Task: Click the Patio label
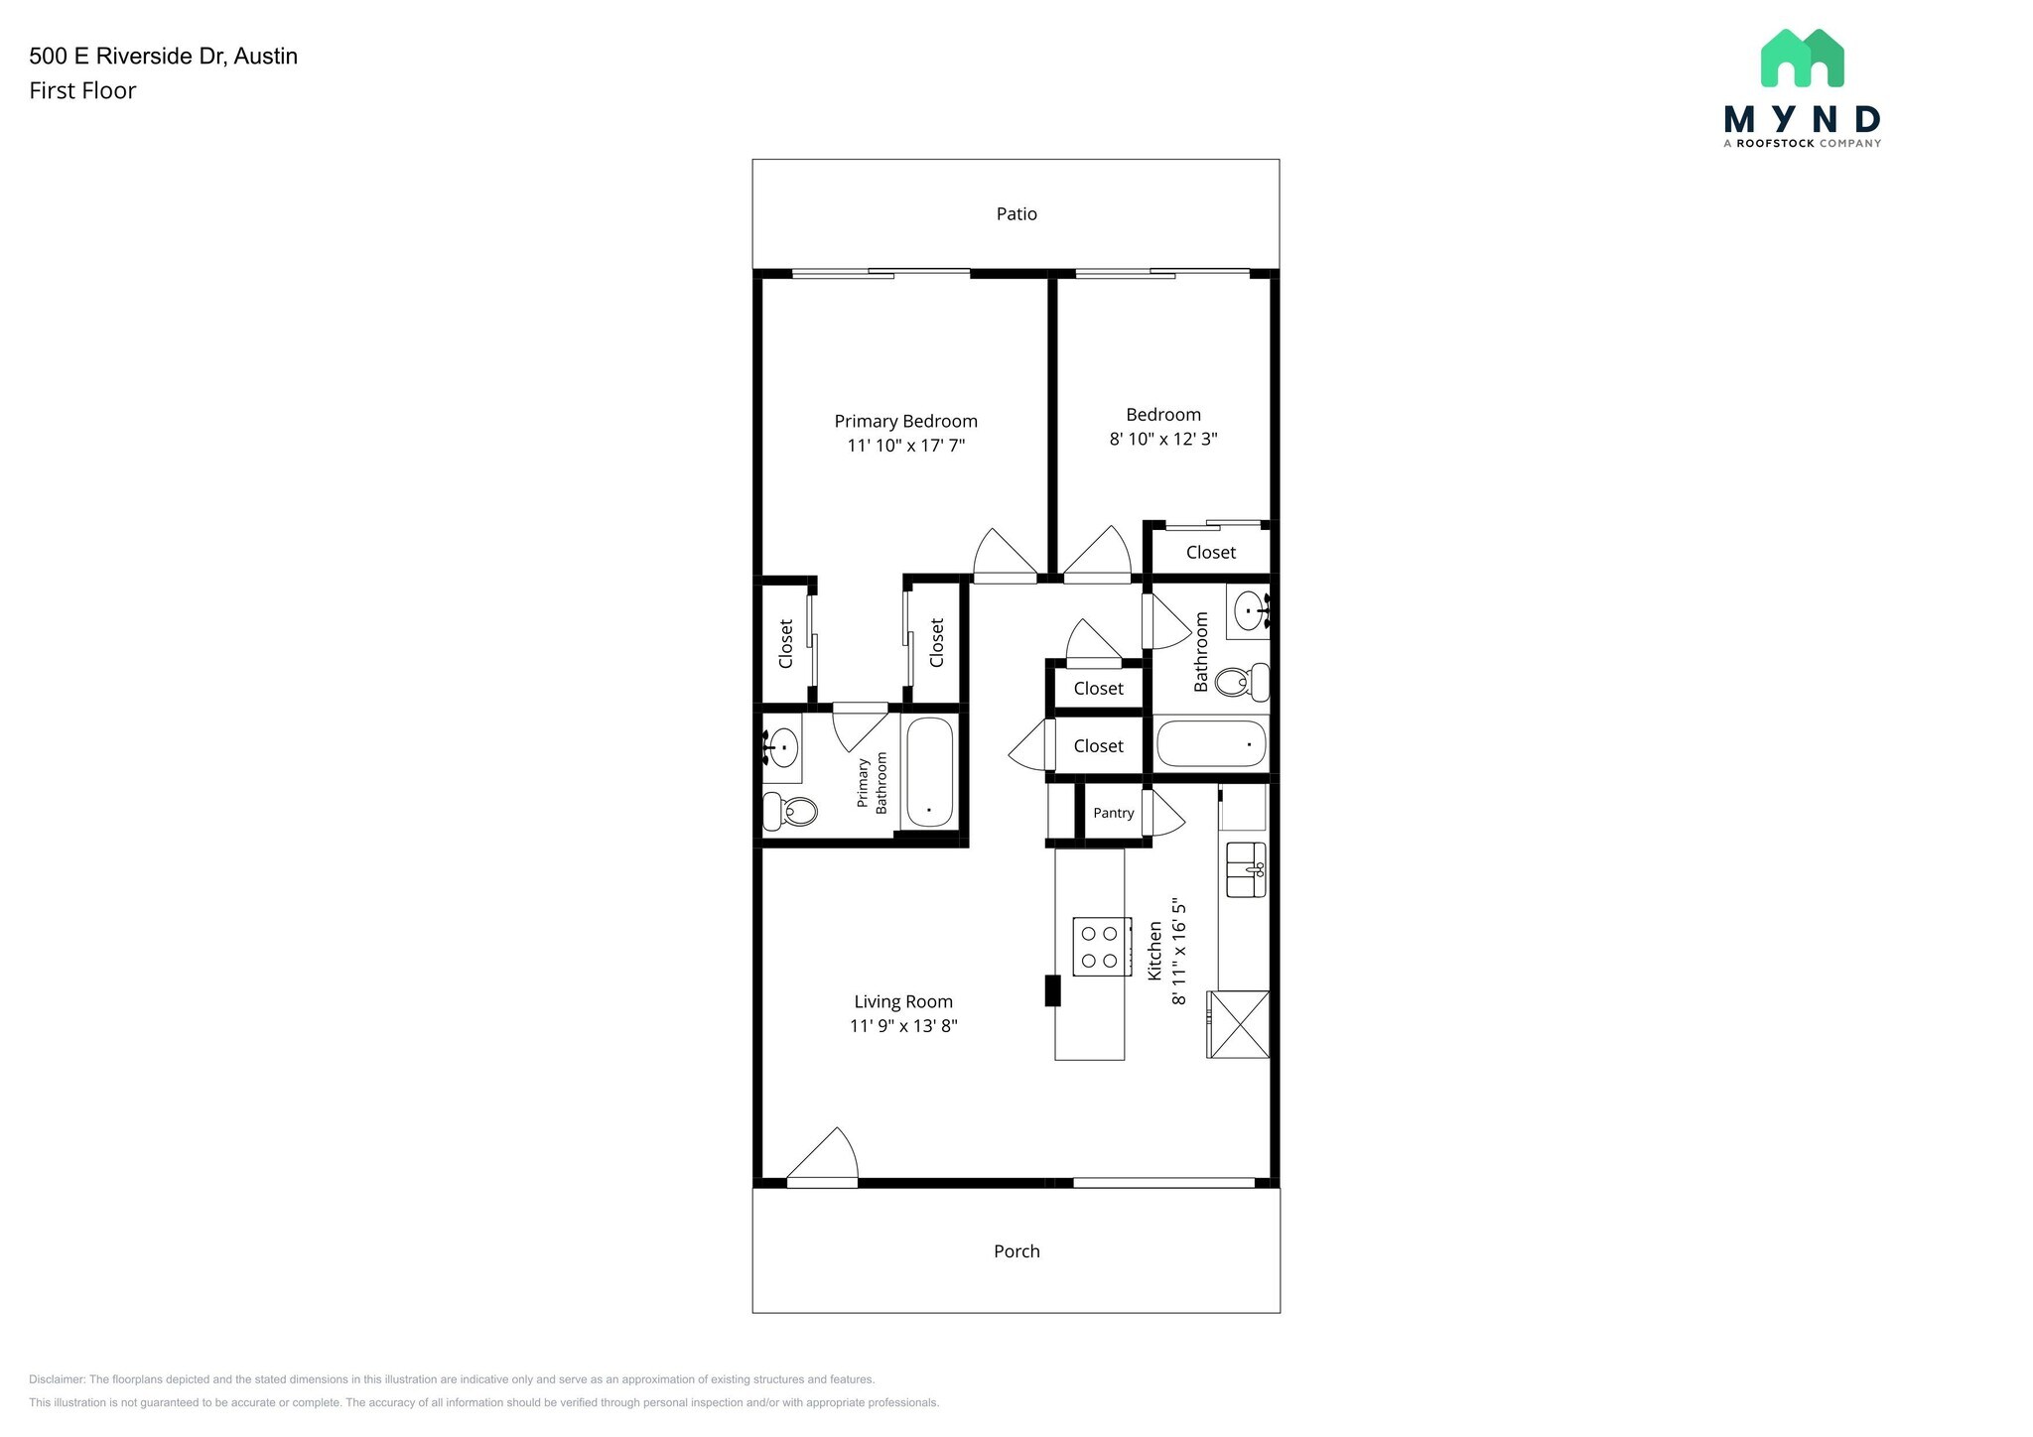[x=1016, y=213]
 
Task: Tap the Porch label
[x=1016, y=1251]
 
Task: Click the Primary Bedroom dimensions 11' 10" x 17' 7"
[x=905, y=446]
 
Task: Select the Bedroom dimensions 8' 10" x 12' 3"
[x=1163, y=439]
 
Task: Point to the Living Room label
[x=903, y=1002]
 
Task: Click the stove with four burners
[x=1101, y=947]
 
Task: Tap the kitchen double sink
[x=1246, y=869]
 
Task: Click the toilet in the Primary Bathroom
[x=790, y=811]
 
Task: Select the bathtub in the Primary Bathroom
[x=929, y=772]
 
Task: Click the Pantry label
[x=1113, y=813]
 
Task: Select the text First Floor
[x=82, y=90]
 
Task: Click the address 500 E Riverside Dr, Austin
[x=163, y=56]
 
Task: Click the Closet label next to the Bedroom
[x=1210, y=553]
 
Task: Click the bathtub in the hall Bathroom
[x=1211, y=743]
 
